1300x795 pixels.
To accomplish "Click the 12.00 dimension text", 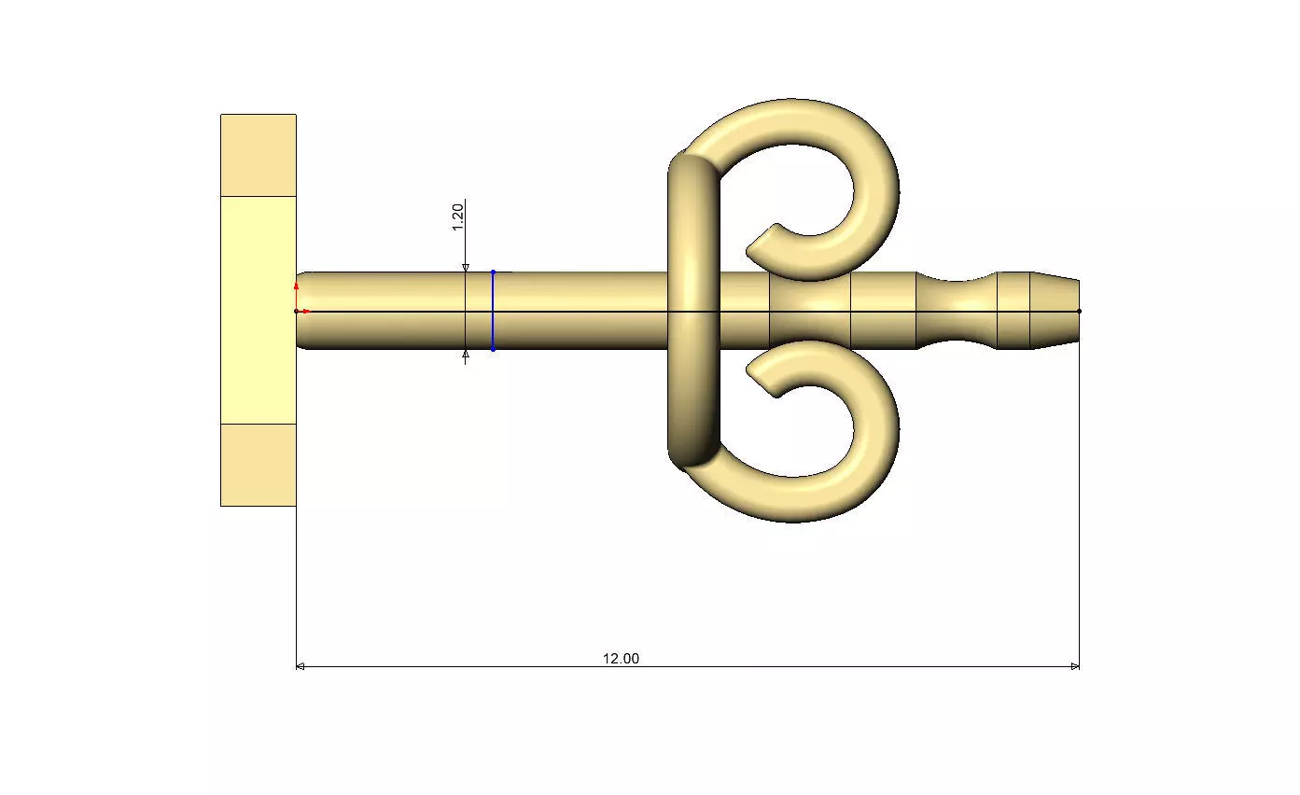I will (621, 658).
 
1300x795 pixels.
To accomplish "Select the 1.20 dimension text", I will (458, 216).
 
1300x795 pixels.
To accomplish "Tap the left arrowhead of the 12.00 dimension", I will (300, 666).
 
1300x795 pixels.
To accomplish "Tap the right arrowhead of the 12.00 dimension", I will (1075, 666).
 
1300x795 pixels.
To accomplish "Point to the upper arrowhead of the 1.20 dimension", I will (466, 268).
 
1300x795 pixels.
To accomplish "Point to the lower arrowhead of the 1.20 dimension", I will (466, 355).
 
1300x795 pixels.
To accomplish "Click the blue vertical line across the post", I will (493, 311).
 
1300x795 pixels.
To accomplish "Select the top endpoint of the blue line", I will (493, 272).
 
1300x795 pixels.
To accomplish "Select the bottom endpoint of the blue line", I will (493, 350).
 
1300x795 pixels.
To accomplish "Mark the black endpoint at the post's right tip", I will (1080, 311).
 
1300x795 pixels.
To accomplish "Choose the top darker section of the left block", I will (259, 155).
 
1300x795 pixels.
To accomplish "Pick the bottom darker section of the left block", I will (259, 465).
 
